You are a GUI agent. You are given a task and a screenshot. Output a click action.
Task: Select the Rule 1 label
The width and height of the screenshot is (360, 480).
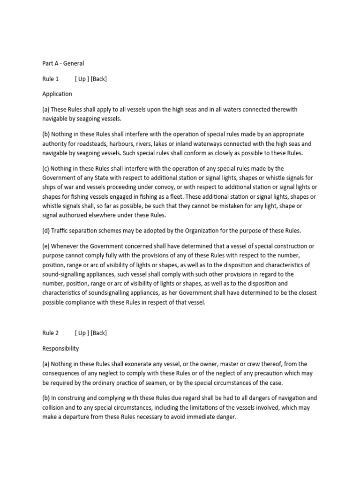[51, 79]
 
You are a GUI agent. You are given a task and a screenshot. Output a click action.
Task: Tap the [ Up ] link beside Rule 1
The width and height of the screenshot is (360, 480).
[82, 79]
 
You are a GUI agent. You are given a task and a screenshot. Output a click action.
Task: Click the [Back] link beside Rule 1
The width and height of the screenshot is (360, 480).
[99, 79]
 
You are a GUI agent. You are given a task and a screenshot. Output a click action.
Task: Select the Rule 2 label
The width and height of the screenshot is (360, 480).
[51, 333]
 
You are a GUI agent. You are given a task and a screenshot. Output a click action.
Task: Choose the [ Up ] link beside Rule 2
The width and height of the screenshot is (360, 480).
[82, 333]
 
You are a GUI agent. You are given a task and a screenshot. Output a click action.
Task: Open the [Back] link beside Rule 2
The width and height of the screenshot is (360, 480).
[99, 333]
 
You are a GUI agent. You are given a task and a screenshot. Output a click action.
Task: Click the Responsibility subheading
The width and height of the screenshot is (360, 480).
[60, 349]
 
